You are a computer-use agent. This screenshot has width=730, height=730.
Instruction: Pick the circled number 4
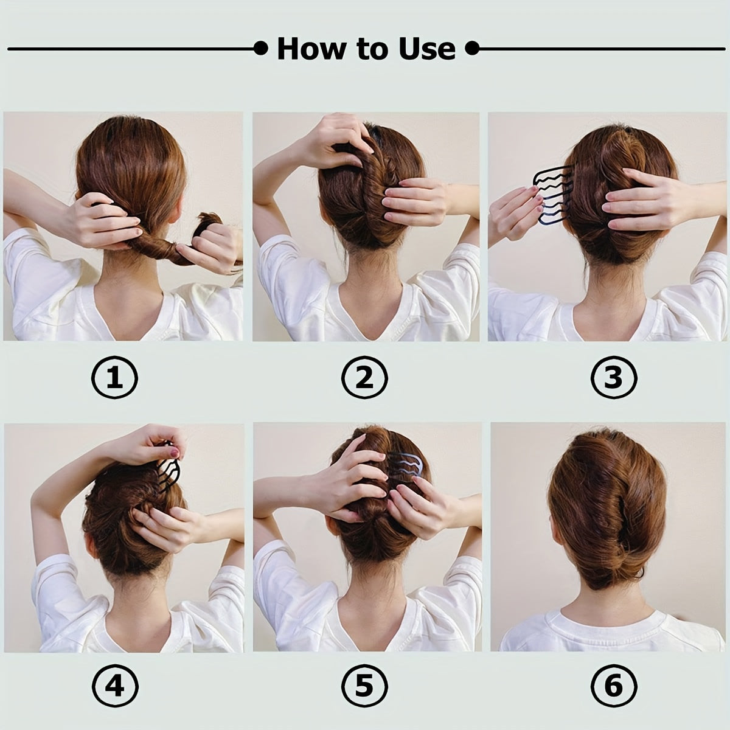point(115,687)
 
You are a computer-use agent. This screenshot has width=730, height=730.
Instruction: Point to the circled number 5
point(364,687)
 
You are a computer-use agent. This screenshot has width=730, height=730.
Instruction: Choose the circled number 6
point(613,687)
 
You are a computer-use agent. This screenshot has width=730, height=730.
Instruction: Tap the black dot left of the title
point(261,48)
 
